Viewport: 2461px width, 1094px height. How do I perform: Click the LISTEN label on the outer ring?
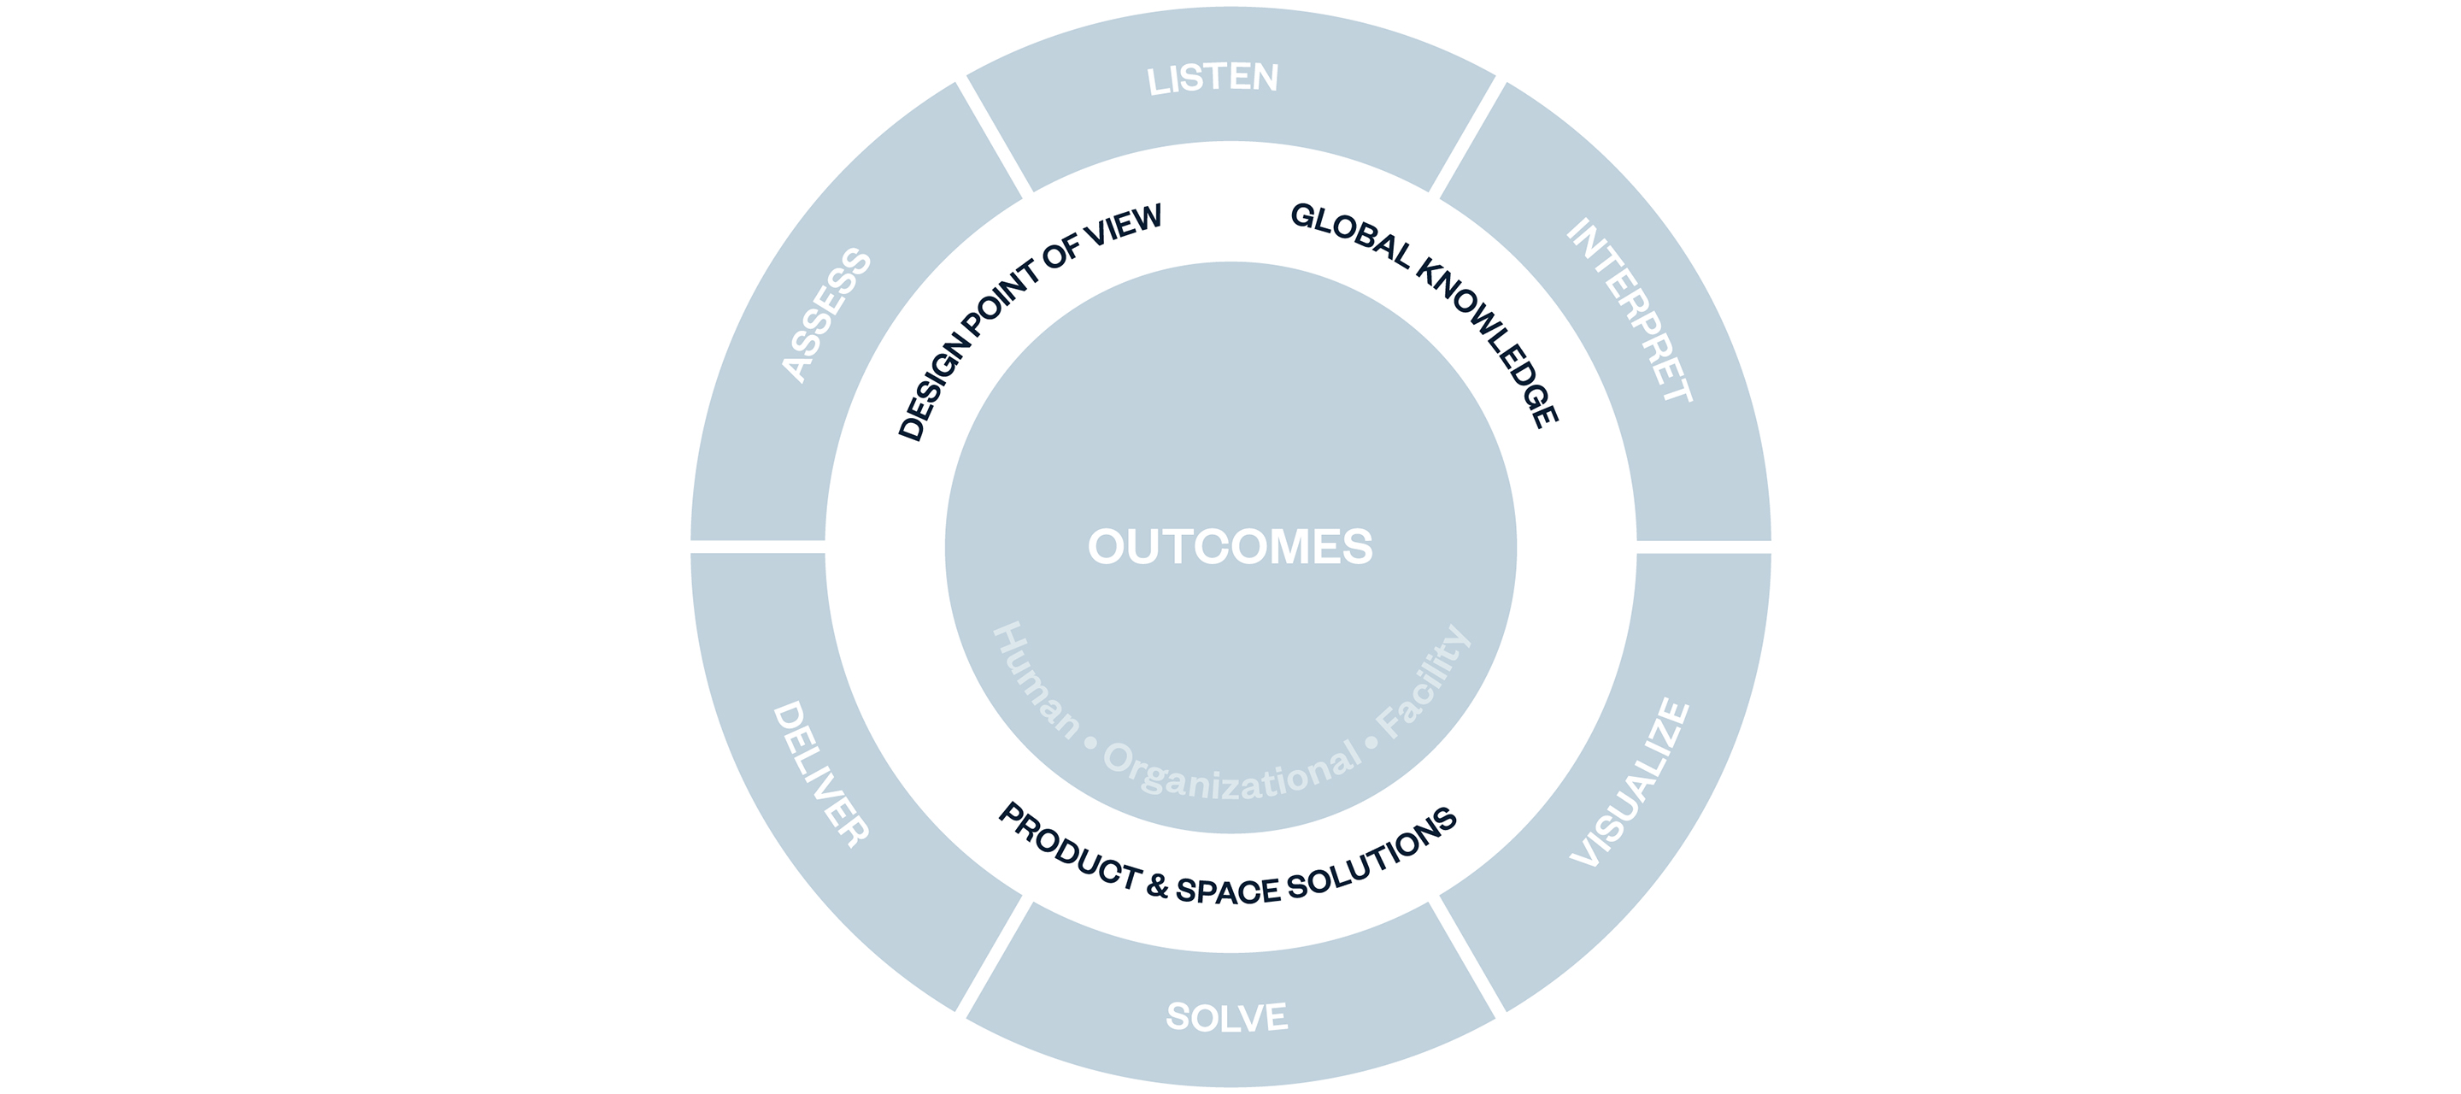tap(1213, 79)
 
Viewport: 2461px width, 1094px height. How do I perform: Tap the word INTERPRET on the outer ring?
tap(1630, 310)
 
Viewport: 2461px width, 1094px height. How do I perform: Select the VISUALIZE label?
tap(1630, 784)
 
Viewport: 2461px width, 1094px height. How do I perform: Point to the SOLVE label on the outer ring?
tap(1227, 1016)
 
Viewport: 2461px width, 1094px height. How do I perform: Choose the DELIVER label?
tap(820, 774)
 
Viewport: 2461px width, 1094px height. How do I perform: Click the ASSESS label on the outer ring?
tap(826, 315)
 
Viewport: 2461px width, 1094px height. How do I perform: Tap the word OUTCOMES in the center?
tap(1230, 546)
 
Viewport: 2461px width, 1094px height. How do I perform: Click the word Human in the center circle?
tap(1036, 680)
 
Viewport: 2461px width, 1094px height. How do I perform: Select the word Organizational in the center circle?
tap(1232, 772)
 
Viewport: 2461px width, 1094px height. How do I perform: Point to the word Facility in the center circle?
tap(1424, 682)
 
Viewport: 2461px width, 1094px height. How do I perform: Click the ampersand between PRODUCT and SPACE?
tap(1158, 886)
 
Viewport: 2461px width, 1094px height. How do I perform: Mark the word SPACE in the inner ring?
tap(1228, 891)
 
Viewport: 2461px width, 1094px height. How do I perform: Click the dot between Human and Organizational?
tap(1091, 741)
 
